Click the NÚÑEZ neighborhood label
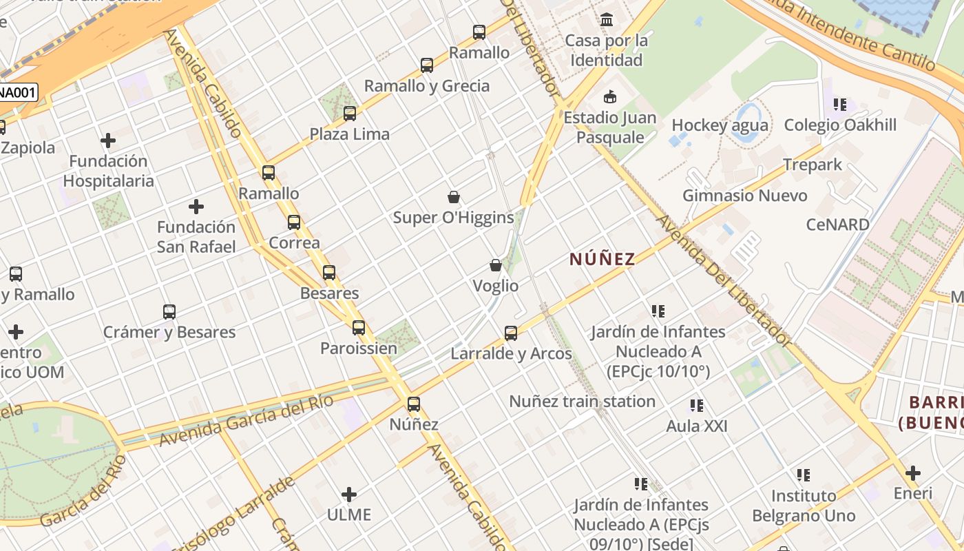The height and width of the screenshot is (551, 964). pyautogui.click(x=602, y=259)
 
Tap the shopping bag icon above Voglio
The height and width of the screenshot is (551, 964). pyautogui.click(x=496, y=265)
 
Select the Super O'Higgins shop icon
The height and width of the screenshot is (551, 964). pyautogui.click(x=454, y=198)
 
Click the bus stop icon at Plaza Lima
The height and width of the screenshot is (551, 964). pyautogui.click(x=350, y=114)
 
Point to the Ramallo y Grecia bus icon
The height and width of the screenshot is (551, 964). pyautogui.click(x=427, y=65)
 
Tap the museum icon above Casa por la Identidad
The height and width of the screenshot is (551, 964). pyautogui.click(x=607, y=20)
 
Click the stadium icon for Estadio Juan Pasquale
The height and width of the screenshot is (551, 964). pyautogui.click(x=609, y=96)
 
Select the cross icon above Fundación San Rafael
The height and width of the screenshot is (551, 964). pyautogui.click(x=196, y=206)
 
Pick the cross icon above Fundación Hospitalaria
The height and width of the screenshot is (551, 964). pyautogui.click(x=108, y=141)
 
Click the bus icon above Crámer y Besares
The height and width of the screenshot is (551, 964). pyautogui.click(x=169, y=311)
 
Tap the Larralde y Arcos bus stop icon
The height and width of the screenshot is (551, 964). pyautogui.click(x=511, y=333)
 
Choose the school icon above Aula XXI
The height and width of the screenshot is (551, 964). pyautogui.click(x=697, y=406)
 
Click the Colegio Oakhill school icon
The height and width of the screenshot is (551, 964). pyautogui.click(x=840, y=105)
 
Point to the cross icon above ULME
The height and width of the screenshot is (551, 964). pyautogui.click(x=349, y=494)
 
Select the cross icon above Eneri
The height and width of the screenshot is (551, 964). pyautogui.click(x=913, y=473)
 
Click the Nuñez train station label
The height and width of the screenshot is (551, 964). pyautogui.click(x=583, y=401)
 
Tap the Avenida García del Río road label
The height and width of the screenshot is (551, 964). pyautogui.click(x=247, y=419)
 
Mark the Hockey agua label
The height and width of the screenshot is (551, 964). pyautogui.click(x=720, y=125)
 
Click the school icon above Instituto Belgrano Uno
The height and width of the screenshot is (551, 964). pyautogui.click(x=804, y=475)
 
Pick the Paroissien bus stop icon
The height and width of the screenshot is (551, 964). pyautogui.click(x=359, y=328)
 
